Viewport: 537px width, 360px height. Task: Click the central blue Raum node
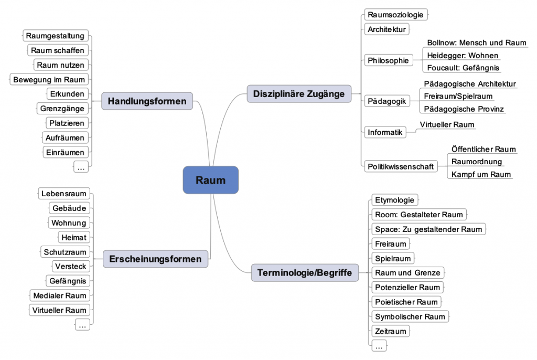point(210,180)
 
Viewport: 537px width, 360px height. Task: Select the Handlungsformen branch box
point(147,101)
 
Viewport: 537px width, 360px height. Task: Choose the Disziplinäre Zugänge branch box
point(298,94)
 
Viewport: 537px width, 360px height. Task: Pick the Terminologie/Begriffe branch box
point(305,273)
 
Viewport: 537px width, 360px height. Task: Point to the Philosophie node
point(388,60)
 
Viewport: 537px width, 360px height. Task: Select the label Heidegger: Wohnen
point(463,55)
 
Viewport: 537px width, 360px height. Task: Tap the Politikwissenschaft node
point(401,166)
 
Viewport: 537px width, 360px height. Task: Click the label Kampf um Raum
point(481,174)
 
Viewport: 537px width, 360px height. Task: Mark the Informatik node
point(385,132)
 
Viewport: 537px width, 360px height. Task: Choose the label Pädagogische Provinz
point(464,109)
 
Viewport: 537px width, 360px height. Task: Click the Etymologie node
point(395,200)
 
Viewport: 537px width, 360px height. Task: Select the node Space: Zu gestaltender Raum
point(428,229)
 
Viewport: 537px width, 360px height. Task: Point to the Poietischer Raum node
point(406,302)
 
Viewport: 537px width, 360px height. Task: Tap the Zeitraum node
point(391,331)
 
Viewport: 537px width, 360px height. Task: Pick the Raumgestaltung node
point(55,36)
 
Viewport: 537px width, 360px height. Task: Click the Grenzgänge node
point(62,109)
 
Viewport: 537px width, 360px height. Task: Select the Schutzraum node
point(65,252)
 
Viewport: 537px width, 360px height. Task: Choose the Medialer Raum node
point(59,295)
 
